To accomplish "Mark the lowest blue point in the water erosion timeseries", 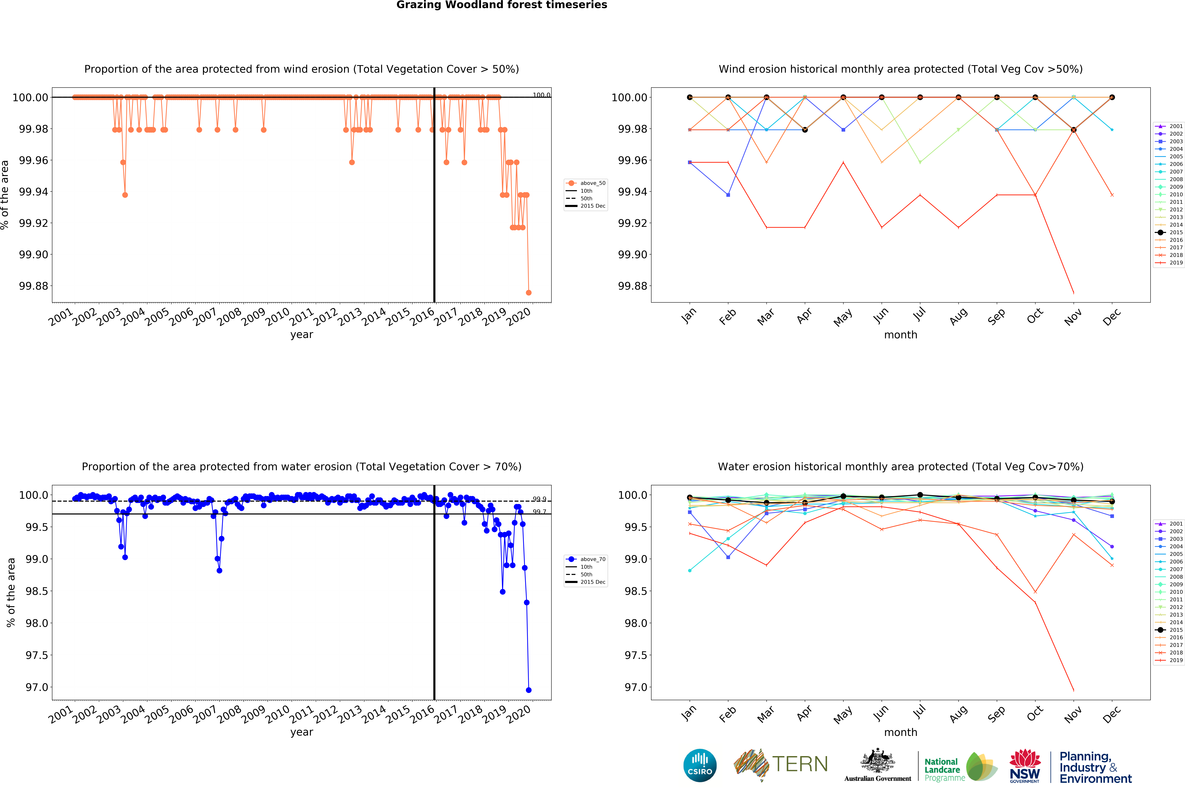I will click(529, 690).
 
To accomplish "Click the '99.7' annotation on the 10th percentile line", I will click(539, 512).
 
